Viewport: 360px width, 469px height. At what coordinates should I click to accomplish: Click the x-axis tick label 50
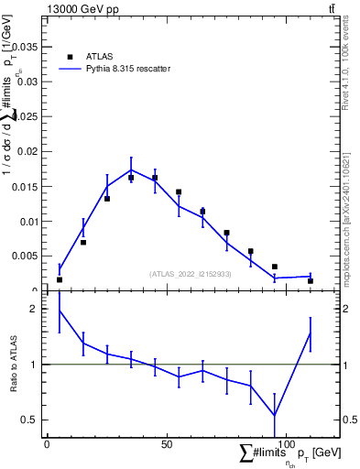(x=167, y=444)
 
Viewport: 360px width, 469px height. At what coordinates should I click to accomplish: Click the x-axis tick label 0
(x=47, y=444)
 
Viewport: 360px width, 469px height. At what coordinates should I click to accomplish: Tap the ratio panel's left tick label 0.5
(x=31, y=420)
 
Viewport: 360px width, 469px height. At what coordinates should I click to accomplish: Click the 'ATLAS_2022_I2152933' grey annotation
(x=191, y=274)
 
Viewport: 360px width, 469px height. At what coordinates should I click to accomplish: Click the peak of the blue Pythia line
(x=131, y=169)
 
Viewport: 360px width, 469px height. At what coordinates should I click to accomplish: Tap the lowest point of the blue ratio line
(x=275, y=415)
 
